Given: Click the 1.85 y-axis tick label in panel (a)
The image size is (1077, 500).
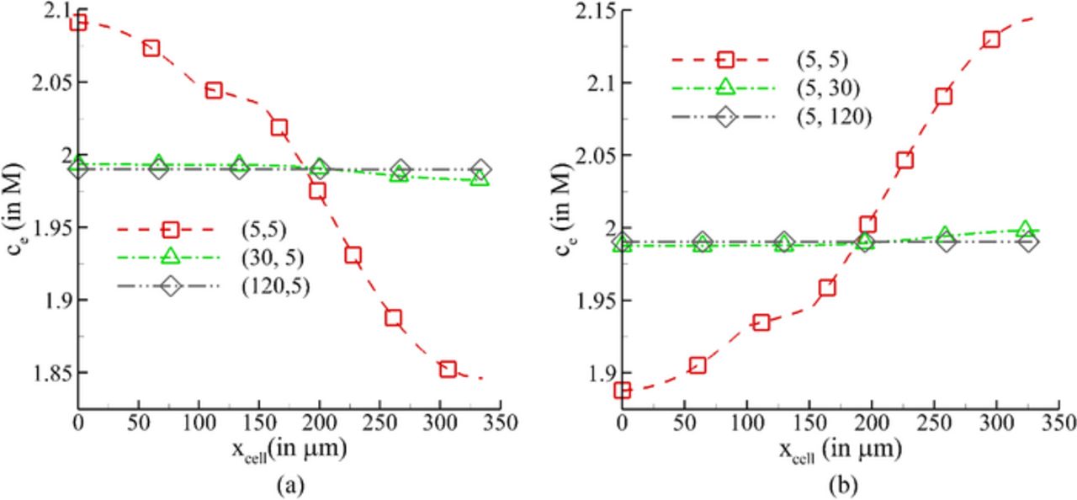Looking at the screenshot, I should [x=50, y=372].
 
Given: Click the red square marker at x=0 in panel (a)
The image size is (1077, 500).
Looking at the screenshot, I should [x=78, y=22].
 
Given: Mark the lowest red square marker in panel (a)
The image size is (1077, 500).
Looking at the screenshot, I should [x=448, y=369].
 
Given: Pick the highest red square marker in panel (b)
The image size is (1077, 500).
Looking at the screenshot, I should [x=991, y=40].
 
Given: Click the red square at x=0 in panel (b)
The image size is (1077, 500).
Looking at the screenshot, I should [x=623, y=390].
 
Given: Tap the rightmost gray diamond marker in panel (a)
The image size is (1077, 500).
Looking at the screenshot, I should [x=480, y=169].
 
